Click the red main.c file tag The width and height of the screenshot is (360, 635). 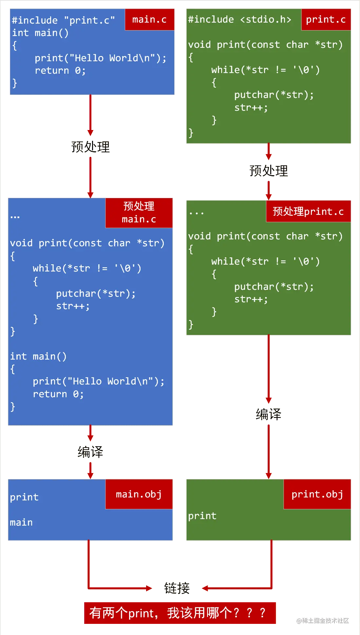coord(149,20)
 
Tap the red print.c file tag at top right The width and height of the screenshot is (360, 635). coord(326,20)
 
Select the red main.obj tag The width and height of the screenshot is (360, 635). coord(139,494)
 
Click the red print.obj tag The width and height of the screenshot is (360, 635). coord(317,494)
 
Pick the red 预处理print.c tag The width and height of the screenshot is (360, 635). coord(308,211)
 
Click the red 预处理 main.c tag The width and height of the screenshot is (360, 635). coord(139,213)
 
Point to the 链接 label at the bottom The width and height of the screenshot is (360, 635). coord(177,588)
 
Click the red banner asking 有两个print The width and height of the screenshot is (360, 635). coord(180,613)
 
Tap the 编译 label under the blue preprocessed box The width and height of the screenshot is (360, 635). coord(90,452)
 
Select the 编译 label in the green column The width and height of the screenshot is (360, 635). coord(269,414)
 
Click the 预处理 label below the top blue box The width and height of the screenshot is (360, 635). coord(90,147)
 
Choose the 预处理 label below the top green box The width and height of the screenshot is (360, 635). coord(269,171)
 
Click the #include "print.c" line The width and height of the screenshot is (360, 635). coord(63,20)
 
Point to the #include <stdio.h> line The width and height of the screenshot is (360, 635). coord(239,19)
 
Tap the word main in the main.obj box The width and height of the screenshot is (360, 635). coord(21,522)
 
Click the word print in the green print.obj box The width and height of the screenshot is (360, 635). coord(202,516)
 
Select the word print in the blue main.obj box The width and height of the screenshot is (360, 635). coord(24,497)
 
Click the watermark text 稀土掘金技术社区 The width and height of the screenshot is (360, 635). coord(323,621)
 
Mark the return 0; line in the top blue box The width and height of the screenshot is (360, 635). coord(60,70)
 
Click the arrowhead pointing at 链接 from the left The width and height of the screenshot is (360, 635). coord(149,588)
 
